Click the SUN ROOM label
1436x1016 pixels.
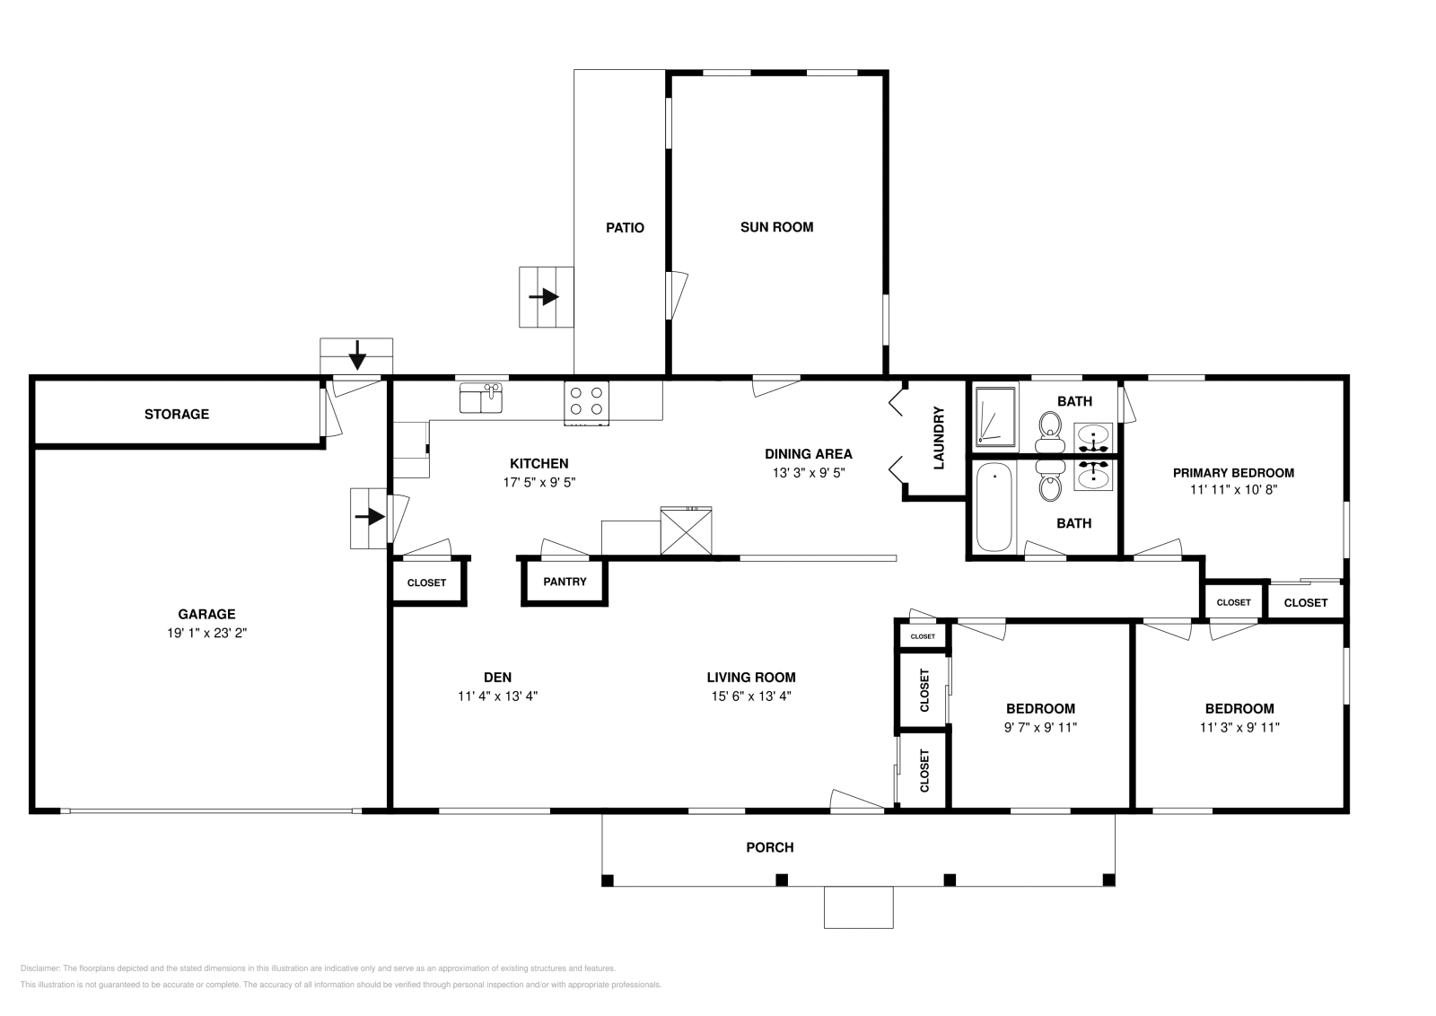point(776,227)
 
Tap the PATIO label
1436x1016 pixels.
point(625,228)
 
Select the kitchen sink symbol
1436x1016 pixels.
point(481,399)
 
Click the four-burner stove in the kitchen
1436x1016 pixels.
point(586,403)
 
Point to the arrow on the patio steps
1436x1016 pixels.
point(544,297)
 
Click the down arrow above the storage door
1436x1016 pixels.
point(357,355)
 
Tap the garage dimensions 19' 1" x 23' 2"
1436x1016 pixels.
point(206,633)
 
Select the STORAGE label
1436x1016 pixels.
point(176,414)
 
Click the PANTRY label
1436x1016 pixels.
point(565,582)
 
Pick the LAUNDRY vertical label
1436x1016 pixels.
point(939,438)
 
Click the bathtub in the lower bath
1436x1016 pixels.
point(994,507)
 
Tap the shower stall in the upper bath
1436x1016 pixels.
point(995,416)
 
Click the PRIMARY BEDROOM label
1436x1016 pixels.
point(1233,473)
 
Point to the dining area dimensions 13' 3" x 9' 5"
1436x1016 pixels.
point(808,473)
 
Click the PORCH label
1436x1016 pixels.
point(769,847)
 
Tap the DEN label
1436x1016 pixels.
point(497,677)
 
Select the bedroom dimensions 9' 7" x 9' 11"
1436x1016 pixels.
point(1040,728)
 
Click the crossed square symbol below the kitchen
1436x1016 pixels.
point(686,530)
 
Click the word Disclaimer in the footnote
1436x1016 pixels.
point(40,968)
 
